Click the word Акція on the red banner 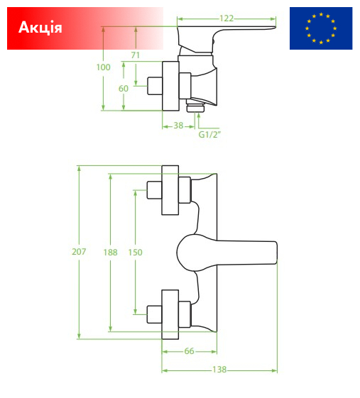point(40,27)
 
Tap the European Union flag point(321,28)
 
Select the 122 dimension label point(227,18)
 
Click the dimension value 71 point(136,55)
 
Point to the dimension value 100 point(103,67)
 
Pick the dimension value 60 point(124,89)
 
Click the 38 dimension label point(178,126)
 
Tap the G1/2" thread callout point(209,135)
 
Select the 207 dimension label point(79,252)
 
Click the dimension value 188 point(110,253)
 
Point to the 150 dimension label point(135,253)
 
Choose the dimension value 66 point(190,351)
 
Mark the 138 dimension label point(219,370)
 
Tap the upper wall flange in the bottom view point(170,190)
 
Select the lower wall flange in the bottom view point(170,314)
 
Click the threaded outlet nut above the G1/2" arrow point(195,106)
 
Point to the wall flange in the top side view point(170,86)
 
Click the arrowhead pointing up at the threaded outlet point(198,116)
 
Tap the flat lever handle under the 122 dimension point(226,28)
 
